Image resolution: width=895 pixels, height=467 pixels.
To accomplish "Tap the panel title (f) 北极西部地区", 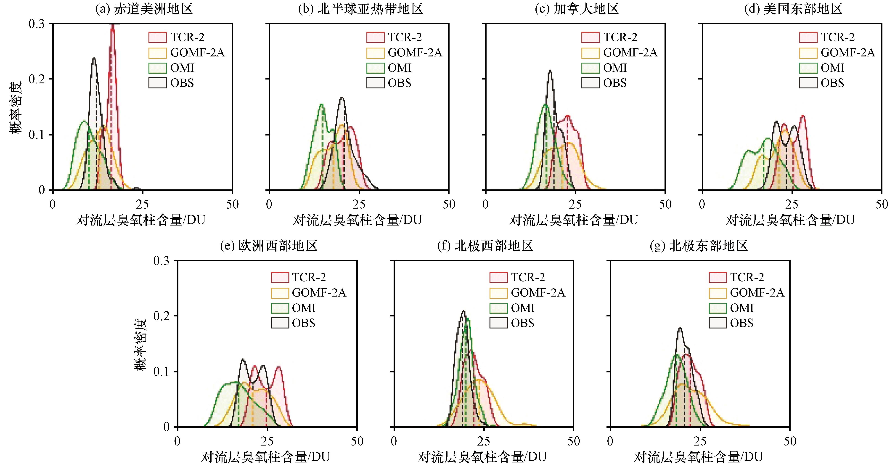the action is point(485,246).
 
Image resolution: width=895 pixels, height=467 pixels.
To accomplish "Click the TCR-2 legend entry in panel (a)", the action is point(177,37).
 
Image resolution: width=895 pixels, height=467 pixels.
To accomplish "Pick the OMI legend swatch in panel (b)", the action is point(375,68).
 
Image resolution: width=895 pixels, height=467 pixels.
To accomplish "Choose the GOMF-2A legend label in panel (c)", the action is point(630,53).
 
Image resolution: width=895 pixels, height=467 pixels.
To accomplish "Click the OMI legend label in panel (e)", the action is point(304,308).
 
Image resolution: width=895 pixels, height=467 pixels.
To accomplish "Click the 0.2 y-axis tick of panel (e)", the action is point(162,316).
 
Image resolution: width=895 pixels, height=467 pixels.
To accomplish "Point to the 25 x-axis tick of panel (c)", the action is point(575,204).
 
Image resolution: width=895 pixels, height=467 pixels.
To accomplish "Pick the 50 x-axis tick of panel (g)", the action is point(790,441).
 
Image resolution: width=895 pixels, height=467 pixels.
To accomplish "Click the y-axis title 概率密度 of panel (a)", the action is point(15,108).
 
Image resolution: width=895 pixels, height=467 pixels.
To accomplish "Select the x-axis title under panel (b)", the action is point(357,220).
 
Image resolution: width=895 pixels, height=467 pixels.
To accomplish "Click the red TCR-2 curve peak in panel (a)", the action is point(112,25).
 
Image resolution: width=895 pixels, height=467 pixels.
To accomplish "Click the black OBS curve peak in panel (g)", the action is point(680,328).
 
